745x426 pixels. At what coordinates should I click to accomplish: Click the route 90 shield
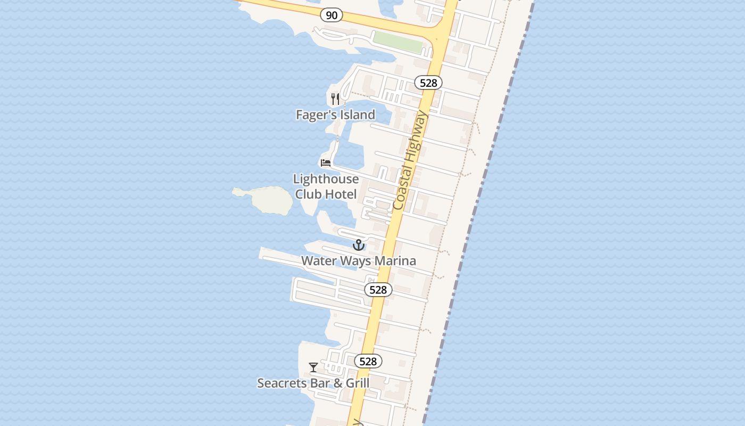[331, 15]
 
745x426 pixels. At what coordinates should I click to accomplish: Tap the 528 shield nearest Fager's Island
[428, 83]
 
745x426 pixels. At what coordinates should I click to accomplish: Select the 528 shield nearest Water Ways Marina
[378, 290]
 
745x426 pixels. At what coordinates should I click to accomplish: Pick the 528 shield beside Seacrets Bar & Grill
[368, 361]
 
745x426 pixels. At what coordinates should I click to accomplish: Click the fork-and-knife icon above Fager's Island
[335, 99]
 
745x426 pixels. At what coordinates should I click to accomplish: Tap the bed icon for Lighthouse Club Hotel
[326, 162]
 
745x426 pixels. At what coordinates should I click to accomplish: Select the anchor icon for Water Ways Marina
[359, 245]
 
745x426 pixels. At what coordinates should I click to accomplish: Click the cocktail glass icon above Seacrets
[313, 367]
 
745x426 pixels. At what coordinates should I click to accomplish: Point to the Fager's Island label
[335, 114]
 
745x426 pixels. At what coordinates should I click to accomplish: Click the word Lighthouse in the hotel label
[326, 179]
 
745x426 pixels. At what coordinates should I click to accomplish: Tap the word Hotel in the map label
[341, 194]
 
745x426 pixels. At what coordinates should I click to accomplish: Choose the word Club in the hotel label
[308, 194]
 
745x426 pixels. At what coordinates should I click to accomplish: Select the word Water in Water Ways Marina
[318, 261]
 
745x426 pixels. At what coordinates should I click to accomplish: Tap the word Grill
[356, 383]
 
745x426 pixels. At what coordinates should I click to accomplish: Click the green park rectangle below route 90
[398, 42]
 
